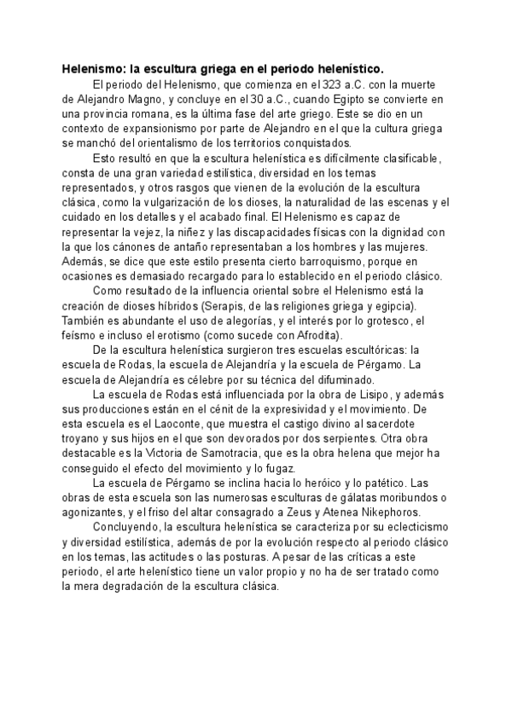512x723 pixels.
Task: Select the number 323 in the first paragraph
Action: tap(329, 84)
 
